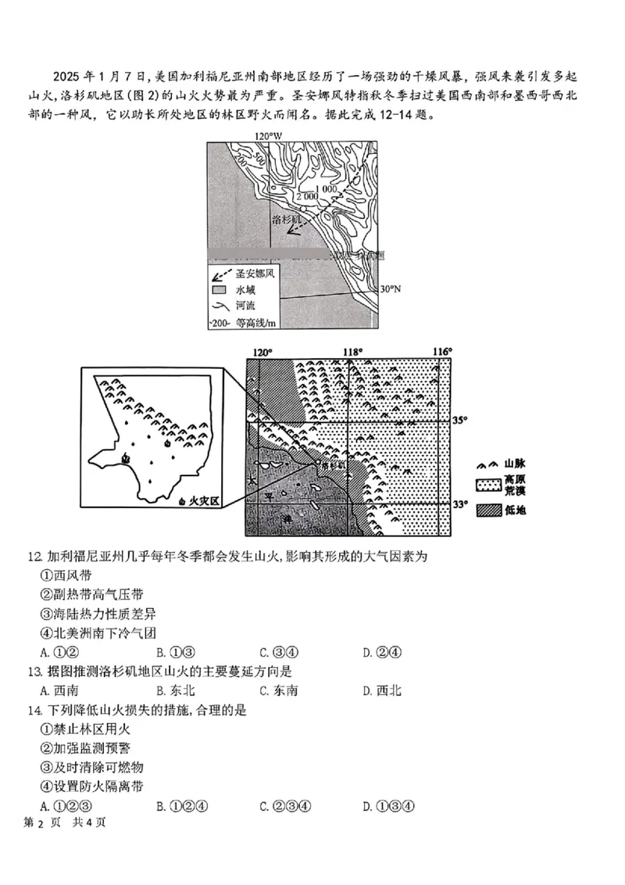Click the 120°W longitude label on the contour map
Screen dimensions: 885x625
(268, 137)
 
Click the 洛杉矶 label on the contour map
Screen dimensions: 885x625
(286, 221)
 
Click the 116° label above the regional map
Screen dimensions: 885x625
(443, 352)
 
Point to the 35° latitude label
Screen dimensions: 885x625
(461, 421)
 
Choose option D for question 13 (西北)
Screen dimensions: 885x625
(382, 690)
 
